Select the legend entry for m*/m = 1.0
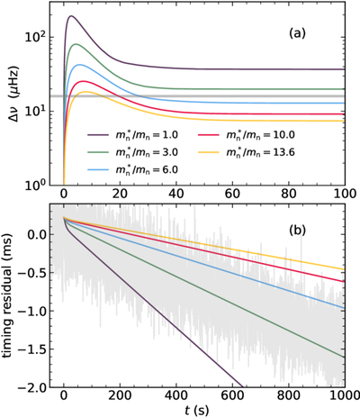click(x=133, y=135)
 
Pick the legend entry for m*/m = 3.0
click(x=133, y=152)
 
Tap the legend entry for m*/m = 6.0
click(x=133, y=169)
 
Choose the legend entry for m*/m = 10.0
click(x=246, y=135)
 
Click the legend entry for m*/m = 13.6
click(x=246, y=152)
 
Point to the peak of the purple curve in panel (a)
click(x=71, y=16)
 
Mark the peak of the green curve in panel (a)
click(x=76, y=44)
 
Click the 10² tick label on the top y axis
click(x=36, y=36)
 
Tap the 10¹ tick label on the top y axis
click(x=36, y=110)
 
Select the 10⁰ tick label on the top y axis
click(x=36, y=184)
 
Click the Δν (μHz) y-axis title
click(x=13, y=96)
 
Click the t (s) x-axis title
click(x=197, y=410)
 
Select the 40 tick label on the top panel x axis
click(x=176, y=193)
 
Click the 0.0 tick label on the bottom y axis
click(x=37, y=234)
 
